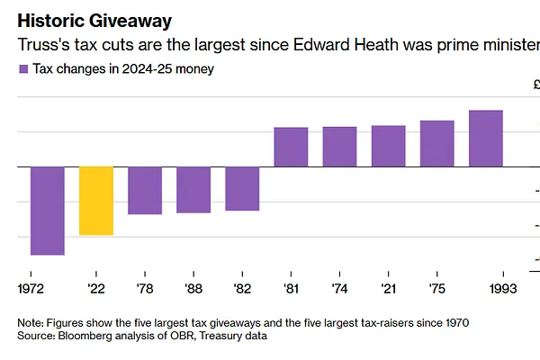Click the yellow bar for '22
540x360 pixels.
click(x=96, y=201)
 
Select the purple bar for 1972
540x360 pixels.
click(x=48, y=211)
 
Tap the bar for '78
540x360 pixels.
click(x=145, y=190)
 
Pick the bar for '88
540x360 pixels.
click(x=193, y=189)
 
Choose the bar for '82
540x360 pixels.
click(x=242, y=188)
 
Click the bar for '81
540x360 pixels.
click(x=291, y=147)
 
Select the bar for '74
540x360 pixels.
click(x=339, y=147)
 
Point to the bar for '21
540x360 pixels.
click(x=388, y=146)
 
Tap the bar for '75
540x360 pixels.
click(x=437, y=143)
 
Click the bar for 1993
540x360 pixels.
click(x=486, y=139)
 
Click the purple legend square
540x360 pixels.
click(x=22, y=69)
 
